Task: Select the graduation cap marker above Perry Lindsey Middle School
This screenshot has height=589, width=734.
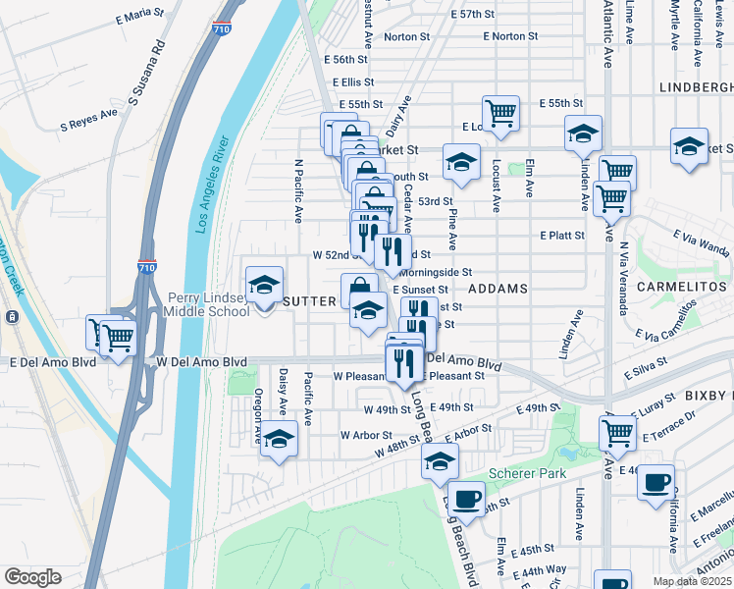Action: (263, 286)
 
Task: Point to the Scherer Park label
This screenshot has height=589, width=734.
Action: (531, 473)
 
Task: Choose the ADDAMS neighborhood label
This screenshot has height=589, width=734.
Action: (498, 289)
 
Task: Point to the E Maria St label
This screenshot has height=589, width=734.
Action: (138, 15)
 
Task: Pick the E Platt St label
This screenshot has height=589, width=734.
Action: (561, 236)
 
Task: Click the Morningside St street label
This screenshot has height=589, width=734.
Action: (435, 272)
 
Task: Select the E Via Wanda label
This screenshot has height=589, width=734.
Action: (701, 241)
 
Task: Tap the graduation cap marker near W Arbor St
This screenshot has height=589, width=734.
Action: (279, 439)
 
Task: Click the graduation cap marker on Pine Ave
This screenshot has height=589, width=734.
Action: (460, 163)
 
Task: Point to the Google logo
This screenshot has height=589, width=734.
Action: (33, 577)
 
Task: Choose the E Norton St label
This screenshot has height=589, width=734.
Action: (510, 36)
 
